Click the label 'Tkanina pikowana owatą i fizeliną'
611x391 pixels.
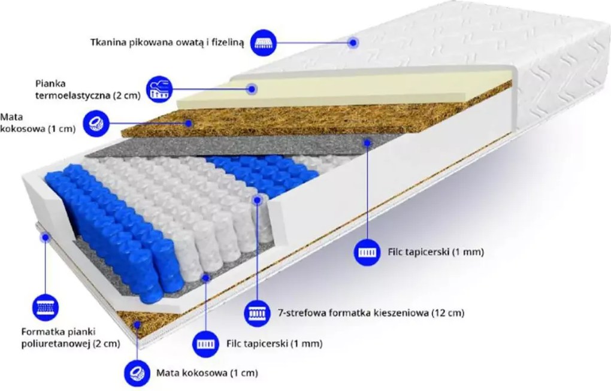coord(168,43)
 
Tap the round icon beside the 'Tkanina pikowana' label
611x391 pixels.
coord(264,42)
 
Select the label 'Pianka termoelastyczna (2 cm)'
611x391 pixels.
coord(87,90)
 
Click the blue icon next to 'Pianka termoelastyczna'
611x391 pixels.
coord(159,89)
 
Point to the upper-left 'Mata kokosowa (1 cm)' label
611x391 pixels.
coord(37,123)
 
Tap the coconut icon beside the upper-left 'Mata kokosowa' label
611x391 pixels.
coord(96,123)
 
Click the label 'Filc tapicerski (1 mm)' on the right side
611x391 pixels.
coord(435,252)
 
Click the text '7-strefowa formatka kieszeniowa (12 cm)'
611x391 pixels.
coord(371,313)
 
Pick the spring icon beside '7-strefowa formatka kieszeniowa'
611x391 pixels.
coord(257,313)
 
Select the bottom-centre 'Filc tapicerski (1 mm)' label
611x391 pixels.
coord(274,344)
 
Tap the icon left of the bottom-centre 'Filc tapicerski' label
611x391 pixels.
coord(205,344)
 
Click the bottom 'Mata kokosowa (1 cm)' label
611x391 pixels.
coord(207,373)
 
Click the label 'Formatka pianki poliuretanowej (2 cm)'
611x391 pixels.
coord(71,338)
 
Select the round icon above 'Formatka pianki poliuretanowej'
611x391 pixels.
coord(46,307)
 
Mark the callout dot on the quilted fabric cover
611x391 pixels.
coord(353,43)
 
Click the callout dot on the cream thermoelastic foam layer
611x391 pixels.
coord(252,89)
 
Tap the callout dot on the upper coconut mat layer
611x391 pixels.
coord(189,123)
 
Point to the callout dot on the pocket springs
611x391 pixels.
coord(257,200)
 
